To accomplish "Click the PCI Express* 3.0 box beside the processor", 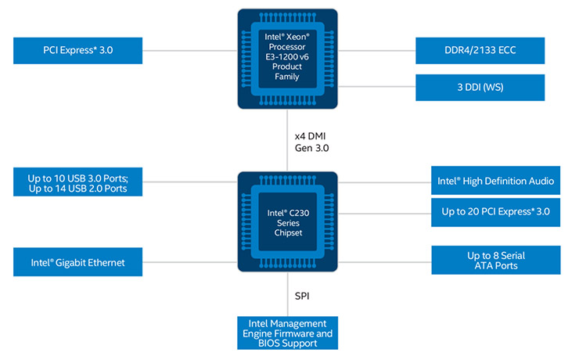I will tap(78, 52).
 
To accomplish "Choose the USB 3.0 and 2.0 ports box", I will tap(78, 182).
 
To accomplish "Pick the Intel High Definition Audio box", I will tap(495, 181).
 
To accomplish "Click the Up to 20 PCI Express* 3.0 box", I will tap(495, 211).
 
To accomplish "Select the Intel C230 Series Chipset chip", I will tap(287, 221).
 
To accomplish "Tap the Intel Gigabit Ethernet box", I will tap(78, 262).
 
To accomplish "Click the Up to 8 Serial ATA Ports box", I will tap(495, 261).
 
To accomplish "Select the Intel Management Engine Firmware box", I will tap(287, 333).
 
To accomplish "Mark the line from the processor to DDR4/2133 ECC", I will tap(376, 52).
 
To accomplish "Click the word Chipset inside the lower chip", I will tap(287, 232).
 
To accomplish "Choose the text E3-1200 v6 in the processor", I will tap(287, 56).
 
